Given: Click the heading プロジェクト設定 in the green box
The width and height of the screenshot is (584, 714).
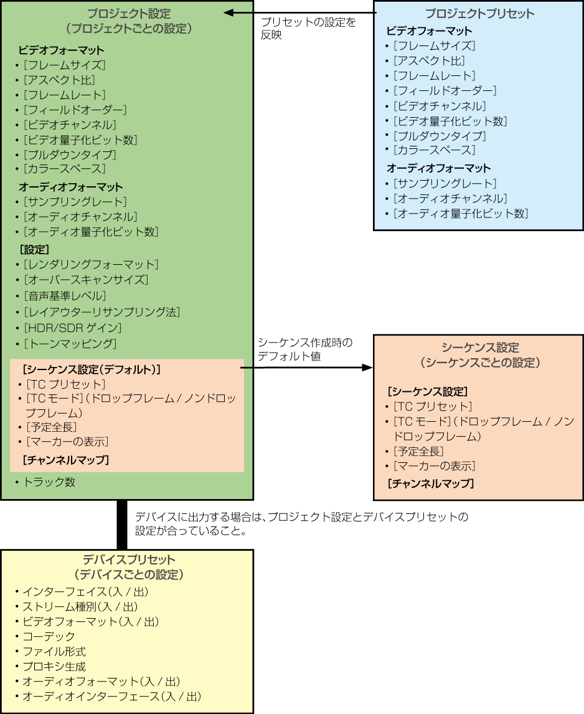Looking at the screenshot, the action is pyautogui.click(x=129, y=14).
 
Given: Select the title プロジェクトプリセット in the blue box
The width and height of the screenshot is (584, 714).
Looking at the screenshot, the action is pyautogui.click(x=479, y=14).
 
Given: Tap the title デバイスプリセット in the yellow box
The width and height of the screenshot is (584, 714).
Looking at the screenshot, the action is pyautogui.click(x=129, y=559).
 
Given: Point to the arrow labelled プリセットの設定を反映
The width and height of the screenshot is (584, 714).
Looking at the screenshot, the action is pyautogui.click(x=300, y=13).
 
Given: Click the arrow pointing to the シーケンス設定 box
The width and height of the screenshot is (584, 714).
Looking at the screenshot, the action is pyautogui.click(x=307, y=368).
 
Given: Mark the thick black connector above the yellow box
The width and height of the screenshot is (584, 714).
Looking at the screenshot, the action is pyautogui.click(x=122, y=525).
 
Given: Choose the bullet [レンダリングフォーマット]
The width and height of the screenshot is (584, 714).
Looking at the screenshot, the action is pyautogui.click(x=91, y=265).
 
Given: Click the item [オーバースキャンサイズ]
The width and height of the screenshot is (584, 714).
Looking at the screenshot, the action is pyautogui.click(x=86, y=280).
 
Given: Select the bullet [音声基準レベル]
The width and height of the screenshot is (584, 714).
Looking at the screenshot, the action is pyautogui.click(x=65, y=296).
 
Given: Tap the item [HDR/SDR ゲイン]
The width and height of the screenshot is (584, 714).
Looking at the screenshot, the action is pyautogui.click(x=72, y=328).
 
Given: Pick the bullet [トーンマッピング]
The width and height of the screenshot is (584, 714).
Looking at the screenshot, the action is pyautogui.click(x=70, y=344).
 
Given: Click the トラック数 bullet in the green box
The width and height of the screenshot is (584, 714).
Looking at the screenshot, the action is pyautogui.click(x=49, y=482).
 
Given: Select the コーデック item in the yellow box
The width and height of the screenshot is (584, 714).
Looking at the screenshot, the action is pyautogui.click(x=48, y=637).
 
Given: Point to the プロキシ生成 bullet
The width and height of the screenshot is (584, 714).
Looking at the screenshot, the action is pyautogui.click(x=54, y=667).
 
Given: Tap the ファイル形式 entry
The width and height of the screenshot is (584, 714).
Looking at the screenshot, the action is pyautogui.click(x=54, y=652).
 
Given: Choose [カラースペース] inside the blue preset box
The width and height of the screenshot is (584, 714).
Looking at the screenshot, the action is pyautogui.click(x=434, y=150).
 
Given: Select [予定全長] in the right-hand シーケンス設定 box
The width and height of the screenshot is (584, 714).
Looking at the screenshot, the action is pyautogui.click(x=418, y=451).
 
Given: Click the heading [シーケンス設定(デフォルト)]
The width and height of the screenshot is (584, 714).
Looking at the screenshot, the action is pyautogui.click(x=91, y=369).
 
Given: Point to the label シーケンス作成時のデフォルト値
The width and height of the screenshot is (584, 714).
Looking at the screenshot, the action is pyautogui.click(x=305, y=350).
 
